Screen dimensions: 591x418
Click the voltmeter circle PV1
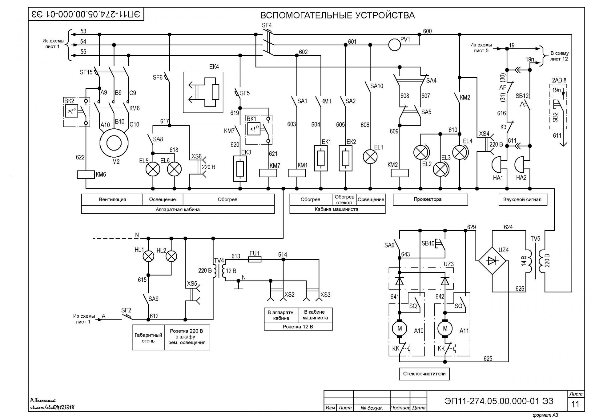tap(394, 45)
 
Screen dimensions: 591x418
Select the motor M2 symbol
tap(114, 143)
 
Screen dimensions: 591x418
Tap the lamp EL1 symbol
tap(370, 157)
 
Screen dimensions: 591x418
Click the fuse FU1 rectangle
tap(255, 259)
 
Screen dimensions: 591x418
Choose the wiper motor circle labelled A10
tap(400, 328)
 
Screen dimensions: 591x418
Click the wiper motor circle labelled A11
tap(445, 328)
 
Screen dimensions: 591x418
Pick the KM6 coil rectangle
tap(86, 175)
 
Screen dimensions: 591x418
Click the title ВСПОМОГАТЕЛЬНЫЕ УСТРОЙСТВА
tap(337, 15)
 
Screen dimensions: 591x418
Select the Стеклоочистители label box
tap(424, 374)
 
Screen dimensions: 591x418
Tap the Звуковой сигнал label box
tap(522, 199)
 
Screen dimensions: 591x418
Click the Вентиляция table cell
tap(112, 199)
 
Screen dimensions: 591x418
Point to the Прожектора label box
tap(430, 199)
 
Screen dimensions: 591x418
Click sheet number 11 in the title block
tap(575, 404)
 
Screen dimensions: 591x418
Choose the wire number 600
tap(427, 31)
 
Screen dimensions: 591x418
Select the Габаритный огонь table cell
tap(148, 337)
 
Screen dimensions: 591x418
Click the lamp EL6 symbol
tap(174, 169)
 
